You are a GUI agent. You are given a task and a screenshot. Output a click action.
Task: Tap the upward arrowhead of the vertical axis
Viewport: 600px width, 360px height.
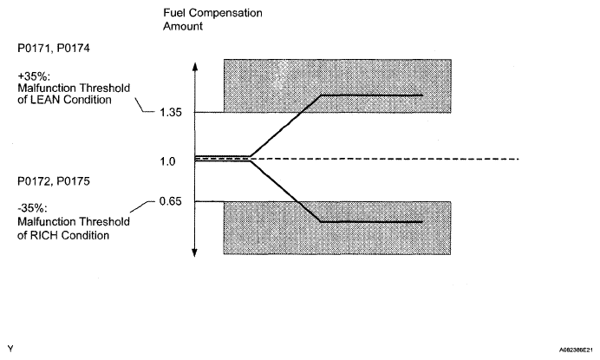pos(195,66)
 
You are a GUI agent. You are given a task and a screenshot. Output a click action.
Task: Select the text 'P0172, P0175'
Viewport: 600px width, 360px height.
pos(36,183)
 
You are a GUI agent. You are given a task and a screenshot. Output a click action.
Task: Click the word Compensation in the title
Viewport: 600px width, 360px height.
pos(226,15)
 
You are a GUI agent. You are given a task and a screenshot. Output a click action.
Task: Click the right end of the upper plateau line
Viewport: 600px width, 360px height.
pos(421,95)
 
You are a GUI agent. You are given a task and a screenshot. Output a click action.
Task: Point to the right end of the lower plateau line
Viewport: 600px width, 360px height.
pos(421,222)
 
